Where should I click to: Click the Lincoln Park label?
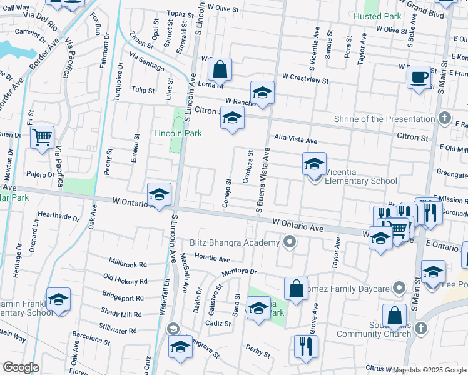click(178, 133)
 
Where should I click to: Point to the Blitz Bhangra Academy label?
click(234, 242)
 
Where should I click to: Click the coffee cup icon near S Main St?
click(419, 78)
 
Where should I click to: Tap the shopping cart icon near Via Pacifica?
click(42, 136)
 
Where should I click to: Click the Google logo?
click(21, 367)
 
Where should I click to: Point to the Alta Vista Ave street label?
click(295, 141)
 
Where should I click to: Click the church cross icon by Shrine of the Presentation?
click(444, 117)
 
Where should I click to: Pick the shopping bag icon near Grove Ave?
click(296, 288)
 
